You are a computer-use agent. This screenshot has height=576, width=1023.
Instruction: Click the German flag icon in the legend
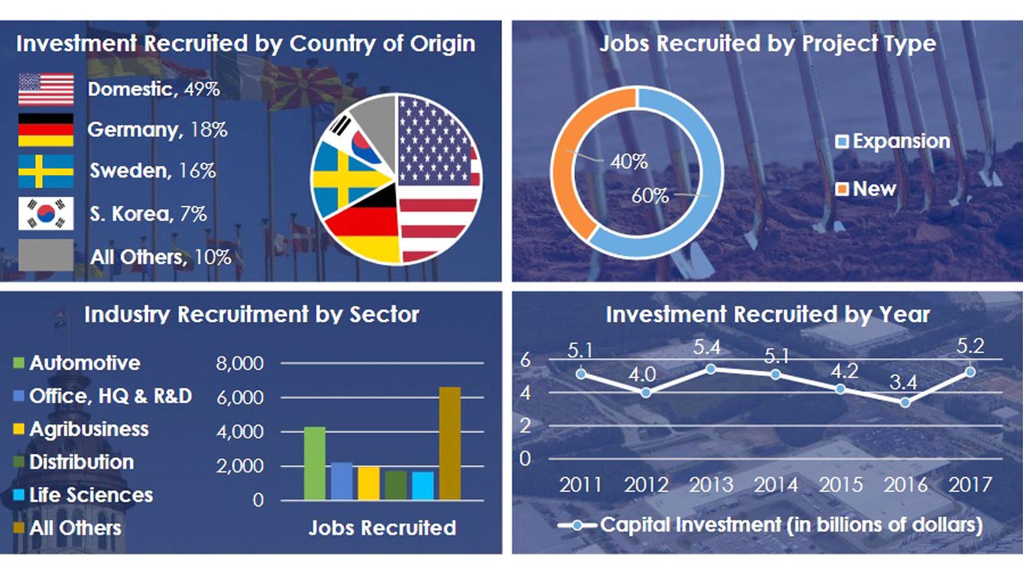pos(46,130)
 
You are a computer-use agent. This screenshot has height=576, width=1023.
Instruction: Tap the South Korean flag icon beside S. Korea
pos(46,213)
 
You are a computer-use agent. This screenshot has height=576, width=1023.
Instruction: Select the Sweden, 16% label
pos(152,171)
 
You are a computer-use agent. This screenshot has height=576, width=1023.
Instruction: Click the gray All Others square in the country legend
pos(46,255)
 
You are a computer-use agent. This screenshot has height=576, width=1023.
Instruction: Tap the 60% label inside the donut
pos(650,196)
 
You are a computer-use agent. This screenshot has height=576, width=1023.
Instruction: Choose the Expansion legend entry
pos(893,141)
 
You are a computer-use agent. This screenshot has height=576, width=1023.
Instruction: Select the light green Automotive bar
pos(315,463)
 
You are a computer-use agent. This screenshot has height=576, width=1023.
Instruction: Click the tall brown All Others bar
pos(450,444)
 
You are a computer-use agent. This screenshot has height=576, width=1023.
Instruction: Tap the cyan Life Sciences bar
pos(423,486)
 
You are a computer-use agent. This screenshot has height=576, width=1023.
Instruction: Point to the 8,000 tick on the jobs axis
pos(239,364)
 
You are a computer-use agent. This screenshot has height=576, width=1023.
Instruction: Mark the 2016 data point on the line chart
pos(905,403)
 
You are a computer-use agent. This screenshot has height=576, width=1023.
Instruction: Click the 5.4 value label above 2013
pos(706,348)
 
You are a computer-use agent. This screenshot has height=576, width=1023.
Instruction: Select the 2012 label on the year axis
pos(646,484)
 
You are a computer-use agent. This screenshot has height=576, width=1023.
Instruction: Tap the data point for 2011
pos(581,374)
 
